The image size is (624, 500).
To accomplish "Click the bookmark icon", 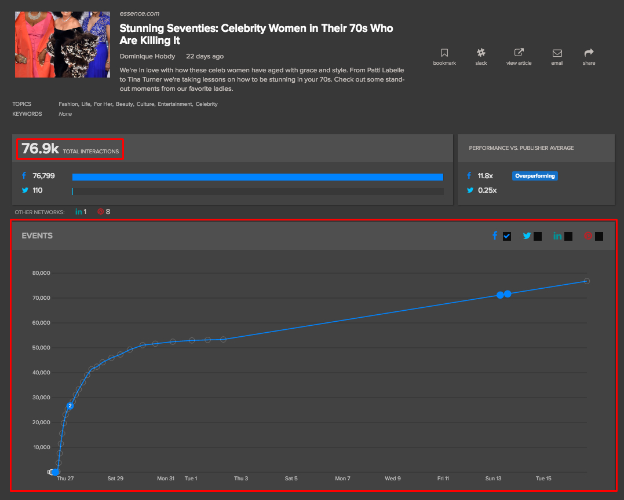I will click(444, 53).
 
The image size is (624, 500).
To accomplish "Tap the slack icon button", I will click(481, 53).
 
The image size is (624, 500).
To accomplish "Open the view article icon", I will click(519, 53).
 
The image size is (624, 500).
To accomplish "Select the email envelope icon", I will click(557, 53).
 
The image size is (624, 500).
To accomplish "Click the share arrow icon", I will click(589, 53).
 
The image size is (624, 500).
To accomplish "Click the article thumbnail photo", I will click(63, 45).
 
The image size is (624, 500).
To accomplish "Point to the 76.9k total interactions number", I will click(41, 149).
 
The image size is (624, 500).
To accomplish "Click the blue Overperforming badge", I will click(535, 176).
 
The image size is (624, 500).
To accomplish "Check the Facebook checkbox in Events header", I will click(507, 236).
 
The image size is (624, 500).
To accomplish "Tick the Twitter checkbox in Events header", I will click(538, 236).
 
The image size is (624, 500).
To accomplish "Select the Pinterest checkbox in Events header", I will click(599, 236).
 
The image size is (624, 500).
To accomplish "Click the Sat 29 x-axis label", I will click(115, 479).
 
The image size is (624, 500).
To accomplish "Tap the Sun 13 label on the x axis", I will click(493, 479).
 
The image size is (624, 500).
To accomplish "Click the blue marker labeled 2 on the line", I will click(70, 406).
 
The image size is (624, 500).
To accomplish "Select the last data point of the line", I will click(587, 281).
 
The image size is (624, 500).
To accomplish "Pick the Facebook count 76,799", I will click(44, 176).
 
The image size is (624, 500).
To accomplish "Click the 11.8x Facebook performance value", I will click(486, 176).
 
